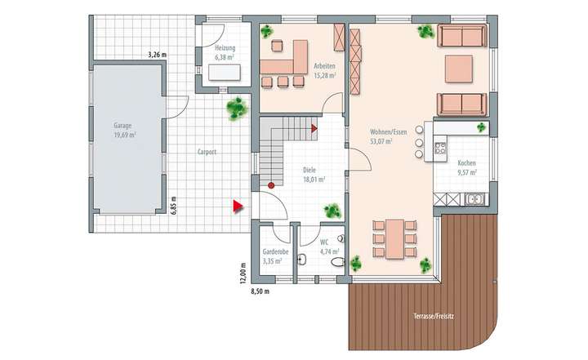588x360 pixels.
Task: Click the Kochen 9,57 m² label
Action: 466,167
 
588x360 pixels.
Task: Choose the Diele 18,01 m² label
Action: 314,174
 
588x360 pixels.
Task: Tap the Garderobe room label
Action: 272,256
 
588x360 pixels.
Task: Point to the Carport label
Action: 206,152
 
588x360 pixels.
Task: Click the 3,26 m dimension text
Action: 157,55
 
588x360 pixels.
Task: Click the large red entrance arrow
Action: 238,206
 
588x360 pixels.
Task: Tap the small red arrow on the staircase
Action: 314,127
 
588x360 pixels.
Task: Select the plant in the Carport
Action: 238,106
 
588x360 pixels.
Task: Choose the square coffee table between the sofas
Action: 458,69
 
